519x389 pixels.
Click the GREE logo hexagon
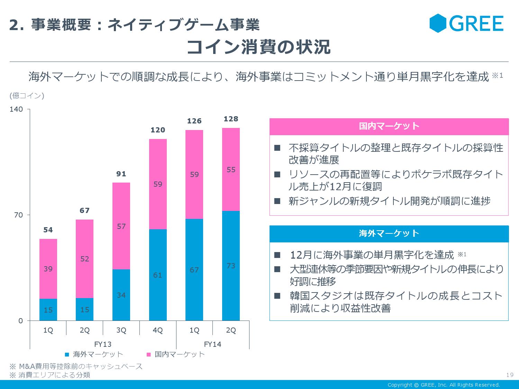[438, 23]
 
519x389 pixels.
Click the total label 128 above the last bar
[231, 119]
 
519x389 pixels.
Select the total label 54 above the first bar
[48, 230]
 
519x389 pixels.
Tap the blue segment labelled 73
[231, 266]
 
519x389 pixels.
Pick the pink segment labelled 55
[231, 169]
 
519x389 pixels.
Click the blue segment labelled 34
[121, 295]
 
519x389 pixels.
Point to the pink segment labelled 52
[84, 259]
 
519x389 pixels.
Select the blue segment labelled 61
[158, 275]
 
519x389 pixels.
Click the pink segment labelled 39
[48, 269]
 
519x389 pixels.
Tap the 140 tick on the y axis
[16, 109]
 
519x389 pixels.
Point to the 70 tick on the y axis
[18, 215]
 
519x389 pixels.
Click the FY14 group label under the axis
[212, 344]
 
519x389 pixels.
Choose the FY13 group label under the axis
[103, 344]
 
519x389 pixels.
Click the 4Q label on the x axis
[158, 330]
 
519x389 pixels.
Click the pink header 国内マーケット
[389, 126]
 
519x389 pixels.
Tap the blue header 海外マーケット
[389, 233]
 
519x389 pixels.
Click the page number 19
[509, 375]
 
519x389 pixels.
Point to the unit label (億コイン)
[27, 95]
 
